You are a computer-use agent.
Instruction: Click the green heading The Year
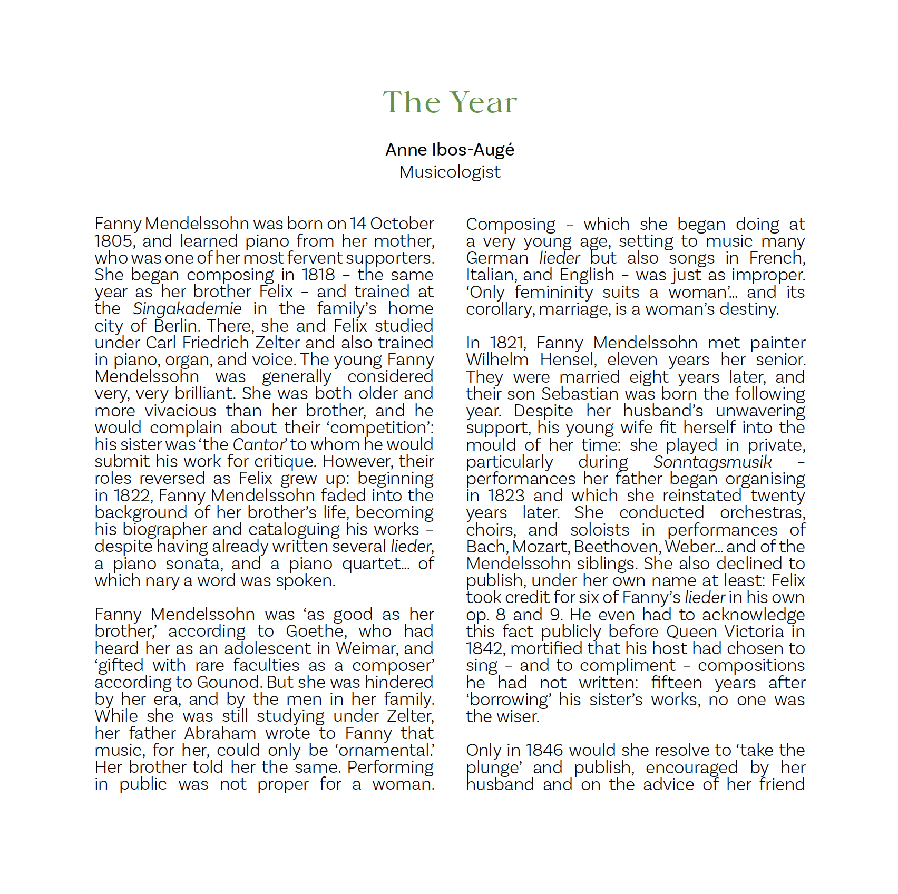(x=450, y=102)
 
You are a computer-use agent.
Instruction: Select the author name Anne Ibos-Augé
(x=450, y=150)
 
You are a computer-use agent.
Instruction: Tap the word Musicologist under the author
(x=450, y=172)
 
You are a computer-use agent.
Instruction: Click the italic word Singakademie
(x=187, y=309)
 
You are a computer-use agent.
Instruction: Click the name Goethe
(x=316, y=631)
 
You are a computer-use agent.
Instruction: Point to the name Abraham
(x=220, y=733)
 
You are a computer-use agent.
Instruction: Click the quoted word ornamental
(x=392, y=750)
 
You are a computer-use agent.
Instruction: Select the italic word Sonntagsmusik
(x=712, y=462)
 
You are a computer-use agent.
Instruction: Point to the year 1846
(x=544, y=750)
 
